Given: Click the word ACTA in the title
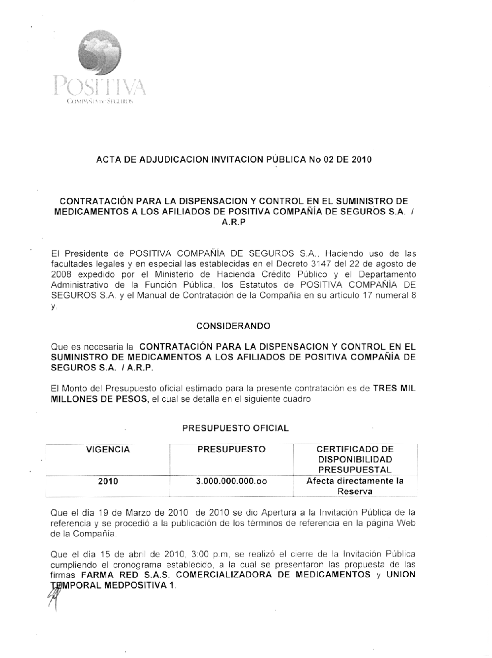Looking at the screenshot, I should tap(107, 160).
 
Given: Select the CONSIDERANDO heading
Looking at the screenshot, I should tap(233, 326).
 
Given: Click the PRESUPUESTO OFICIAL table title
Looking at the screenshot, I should tap(235, 428).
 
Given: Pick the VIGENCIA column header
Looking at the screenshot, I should tap(108, 450).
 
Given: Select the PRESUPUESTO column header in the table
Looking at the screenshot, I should tap(231, 450).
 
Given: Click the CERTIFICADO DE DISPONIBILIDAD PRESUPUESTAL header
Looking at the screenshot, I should tap(355, 460).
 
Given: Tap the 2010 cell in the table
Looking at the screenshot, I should tap(108, 482).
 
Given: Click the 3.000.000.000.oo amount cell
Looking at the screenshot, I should tap(231, 482).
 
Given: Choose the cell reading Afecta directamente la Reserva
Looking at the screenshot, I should tap(355, 486).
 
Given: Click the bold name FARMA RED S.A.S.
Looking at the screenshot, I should tap(126, 575).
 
